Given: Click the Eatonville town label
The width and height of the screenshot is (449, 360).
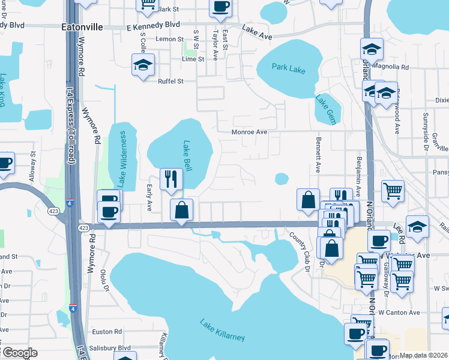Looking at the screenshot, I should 82,27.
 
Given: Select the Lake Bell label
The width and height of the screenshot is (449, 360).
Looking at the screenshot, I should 187,155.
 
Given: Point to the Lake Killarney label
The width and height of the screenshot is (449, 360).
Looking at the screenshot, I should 222,329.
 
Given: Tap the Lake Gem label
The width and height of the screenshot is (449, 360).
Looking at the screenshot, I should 324,107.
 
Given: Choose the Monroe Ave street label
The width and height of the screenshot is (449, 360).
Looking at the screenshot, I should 250,132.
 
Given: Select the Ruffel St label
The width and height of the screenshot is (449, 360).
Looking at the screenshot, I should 170,81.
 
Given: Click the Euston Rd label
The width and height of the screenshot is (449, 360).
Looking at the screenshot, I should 107,331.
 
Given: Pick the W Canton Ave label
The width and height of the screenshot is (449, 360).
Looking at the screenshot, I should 399,313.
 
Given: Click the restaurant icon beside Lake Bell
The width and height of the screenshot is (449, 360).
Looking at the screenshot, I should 171,179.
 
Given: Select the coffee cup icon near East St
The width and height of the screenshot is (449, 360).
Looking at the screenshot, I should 220,7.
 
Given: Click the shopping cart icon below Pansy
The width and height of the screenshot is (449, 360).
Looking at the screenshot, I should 393,191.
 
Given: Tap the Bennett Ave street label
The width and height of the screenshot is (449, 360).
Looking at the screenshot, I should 318,153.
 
